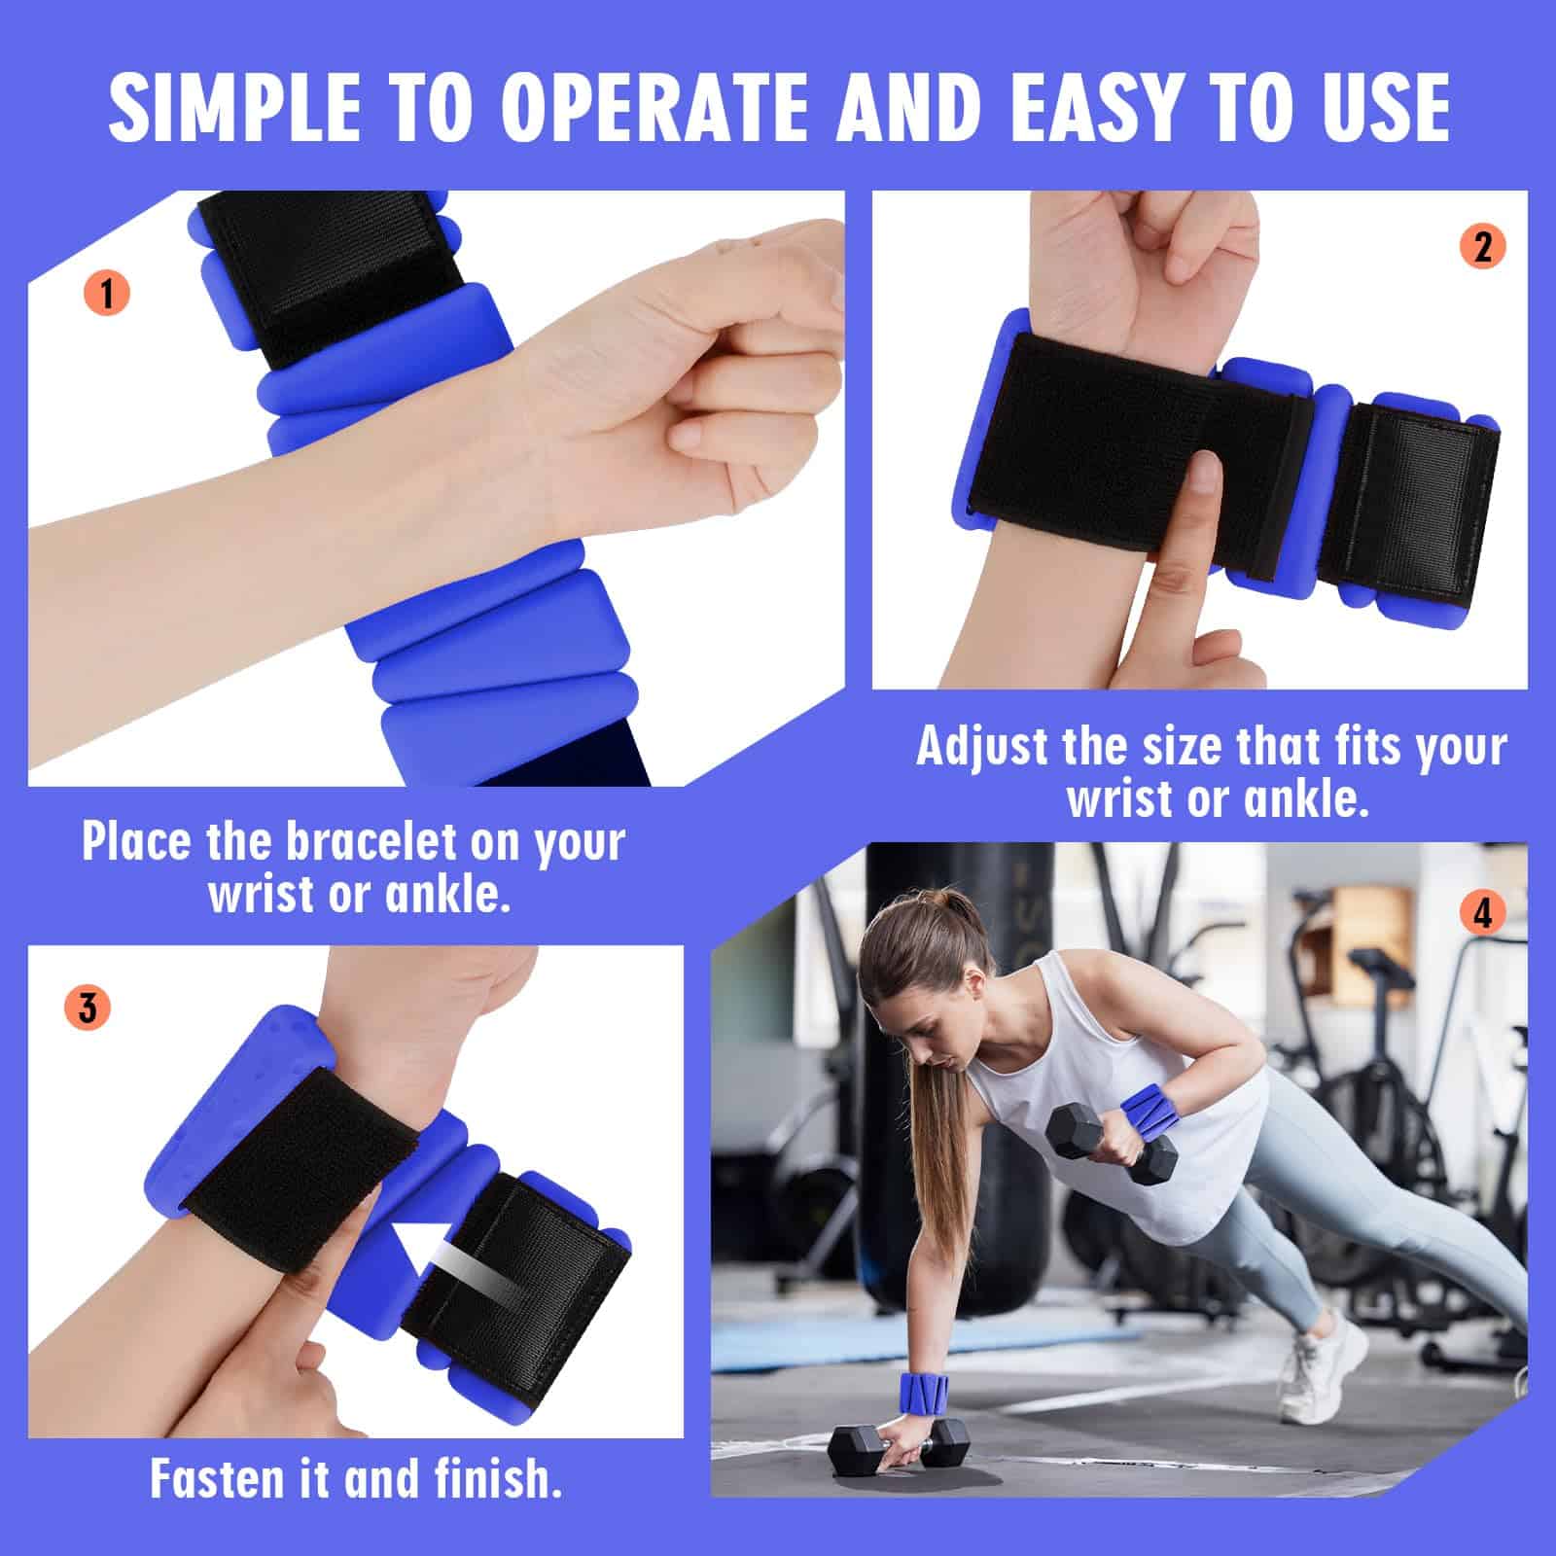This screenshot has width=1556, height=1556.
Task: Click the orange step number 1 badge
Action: (107, 292)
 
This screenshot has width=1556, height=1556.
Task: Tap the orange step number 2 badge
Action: (1482, 247)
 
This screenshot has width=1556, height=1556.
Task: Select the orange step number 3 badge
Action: (88, 1007)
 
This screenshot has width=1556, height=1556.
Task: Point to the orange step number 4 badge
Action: (1482, 914)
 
